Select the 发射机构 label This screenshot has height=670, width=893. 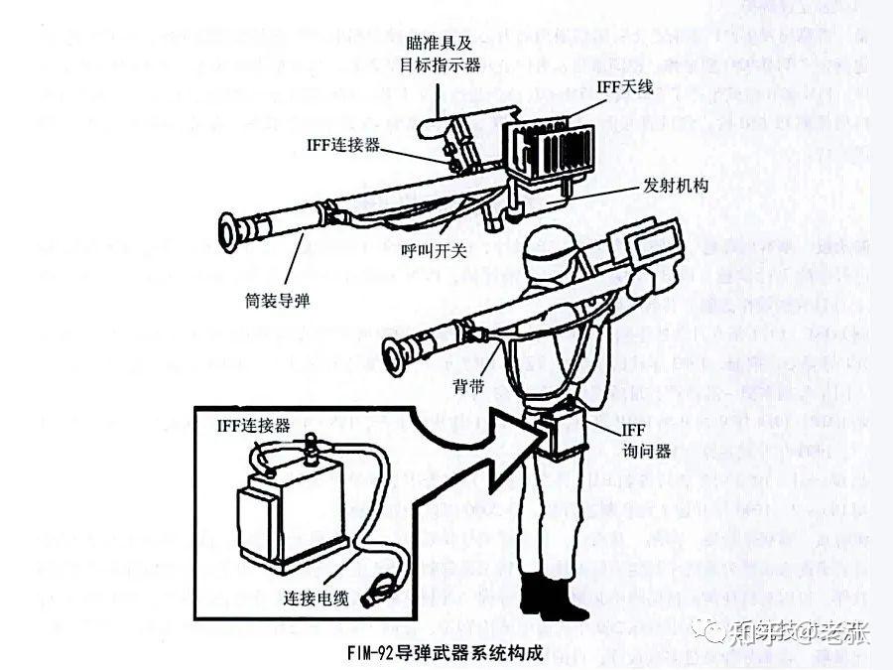point(676,187)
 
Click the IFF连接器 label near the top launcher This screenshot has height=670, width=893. point(342,145)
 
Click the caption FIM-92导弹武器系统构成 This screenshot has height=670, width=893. point(446,654)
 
